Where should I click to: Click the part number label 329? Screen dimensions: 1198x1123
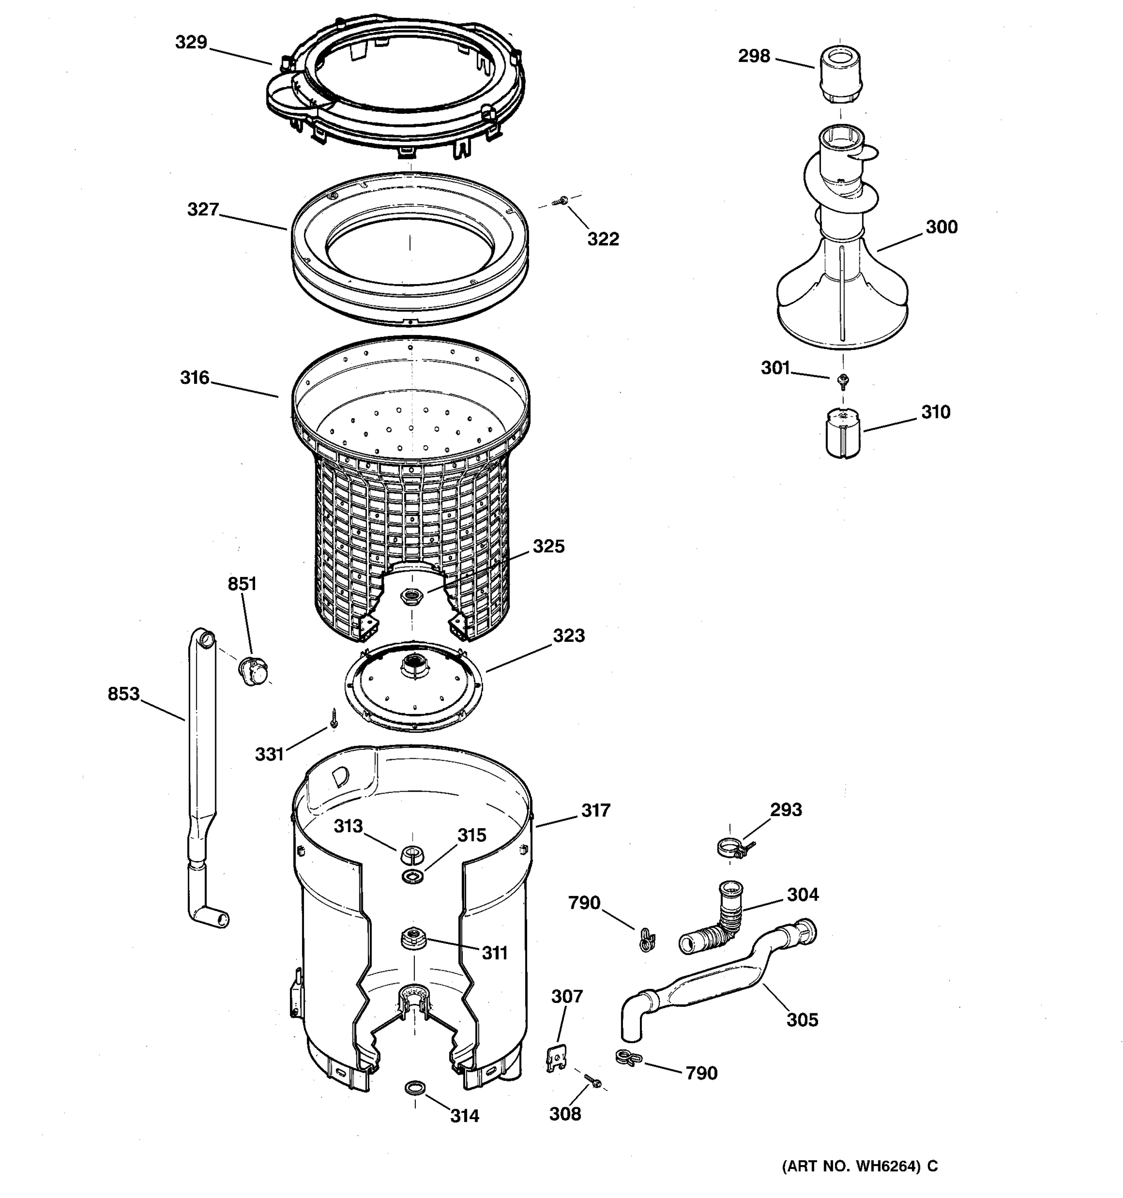[x=191, y=42]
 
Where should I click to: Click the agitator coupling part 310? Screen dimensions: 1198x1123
[x=842, y=433]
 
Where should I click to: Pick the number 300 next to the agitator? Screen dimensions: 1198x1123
[x=941, y=227]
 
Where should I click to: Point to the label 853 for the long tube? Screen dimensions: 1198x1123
[x=123, y=694]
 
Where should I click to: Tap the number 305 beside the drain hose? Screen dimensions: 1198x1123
[x=802, y=1020]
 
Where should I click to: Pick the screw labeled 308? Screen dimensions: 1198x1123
[x=593, y=1082]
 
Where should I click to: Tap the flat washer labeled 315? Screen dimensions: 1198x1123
[x=412, y=876]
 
